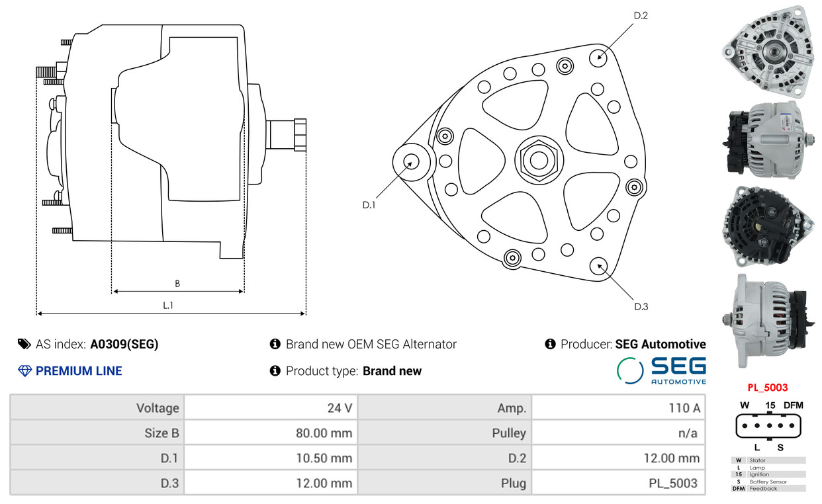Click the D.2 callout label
641,15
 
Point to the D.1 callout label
369,205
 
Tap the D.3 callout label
641,307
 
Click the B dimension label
177,284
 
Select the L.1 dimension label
167,305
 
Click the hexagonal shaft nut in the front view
539,161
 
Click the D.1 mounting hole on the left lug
411,162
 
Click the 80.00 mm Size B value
324,433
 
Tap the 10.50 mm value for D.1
324,458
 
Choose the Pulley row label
509,433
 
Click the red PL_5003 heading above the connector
768,388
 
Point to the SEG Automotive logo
661,370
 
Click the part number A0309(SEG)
124,344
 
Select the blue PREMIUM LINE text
79,371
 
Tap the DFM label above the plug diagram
794,405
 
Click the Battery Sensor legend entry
768,482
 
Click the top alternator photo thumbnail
768,52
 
